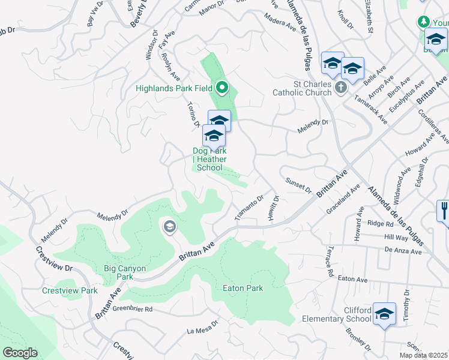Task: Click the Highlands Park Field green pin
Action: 222,89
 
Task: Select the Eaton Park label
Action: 243,289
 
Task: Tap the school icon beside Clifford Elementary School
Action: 384,314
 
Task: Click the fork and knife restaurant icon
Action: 444,210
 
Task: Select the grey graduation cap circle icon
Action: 169,226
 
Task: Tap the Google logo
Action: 20,353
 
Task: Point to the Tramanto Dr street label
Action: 250,207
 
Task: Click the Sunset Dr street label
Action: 298,185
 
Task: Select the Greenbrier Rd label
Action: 133,310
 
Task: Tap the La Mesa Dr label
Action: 203,331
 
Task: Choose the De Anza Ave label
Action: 403,251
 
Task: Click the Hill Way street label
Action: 395,238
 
